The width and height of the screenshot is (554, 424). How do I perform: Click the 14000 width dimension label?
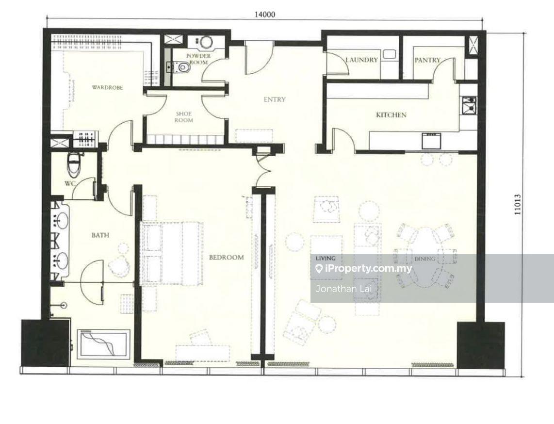pyautogui.click(x=265, y=15)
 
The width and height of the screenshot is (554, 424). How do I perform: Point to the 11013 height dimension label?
pyautogui.click(x=518, y=205)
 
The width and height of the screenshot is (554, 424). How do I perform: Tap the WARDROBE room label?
pyautogui.click(x=107, y=87)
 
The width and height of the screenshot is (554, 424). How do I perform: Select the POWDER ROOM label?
pyautogui.click(x=198, y=59)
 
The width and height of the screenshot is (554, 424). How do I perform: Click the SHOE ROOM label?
pyautogui.click(x=184, y=117)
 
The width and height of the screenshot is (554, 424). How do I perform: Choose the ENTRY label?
pyautogui.click(x=275, y=99)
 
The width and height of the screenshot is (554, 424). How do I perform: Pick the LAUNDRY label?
pyautogui.click(x=361, y=60)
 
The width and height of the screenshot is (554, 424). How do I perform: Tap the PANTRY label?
pyautogui.click(x=427, y=60)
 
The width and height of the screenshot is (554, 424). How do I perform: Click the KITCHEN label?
pyautogui.click(x=391, y=115)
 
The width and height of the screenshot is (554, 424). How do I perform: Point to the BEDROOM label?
pyautogui.click(x=226, y=257)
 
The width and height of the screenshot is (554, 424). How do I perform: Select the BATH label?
pyautogui.click(x=100, y=235)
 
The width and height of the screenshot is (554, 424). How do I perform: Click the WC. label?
pyautogui.click(x=69, y=184)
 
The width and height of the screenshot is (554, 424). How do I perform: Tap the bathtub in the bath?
pyautogui.click(x=103, y=343)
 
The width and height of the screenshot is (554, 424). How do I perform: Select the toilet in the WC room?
pyautogui.click(x=74, y=164)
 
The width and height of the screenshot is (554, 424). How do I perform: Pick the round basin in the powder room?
pyautogui.click(x=206, y=43)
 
